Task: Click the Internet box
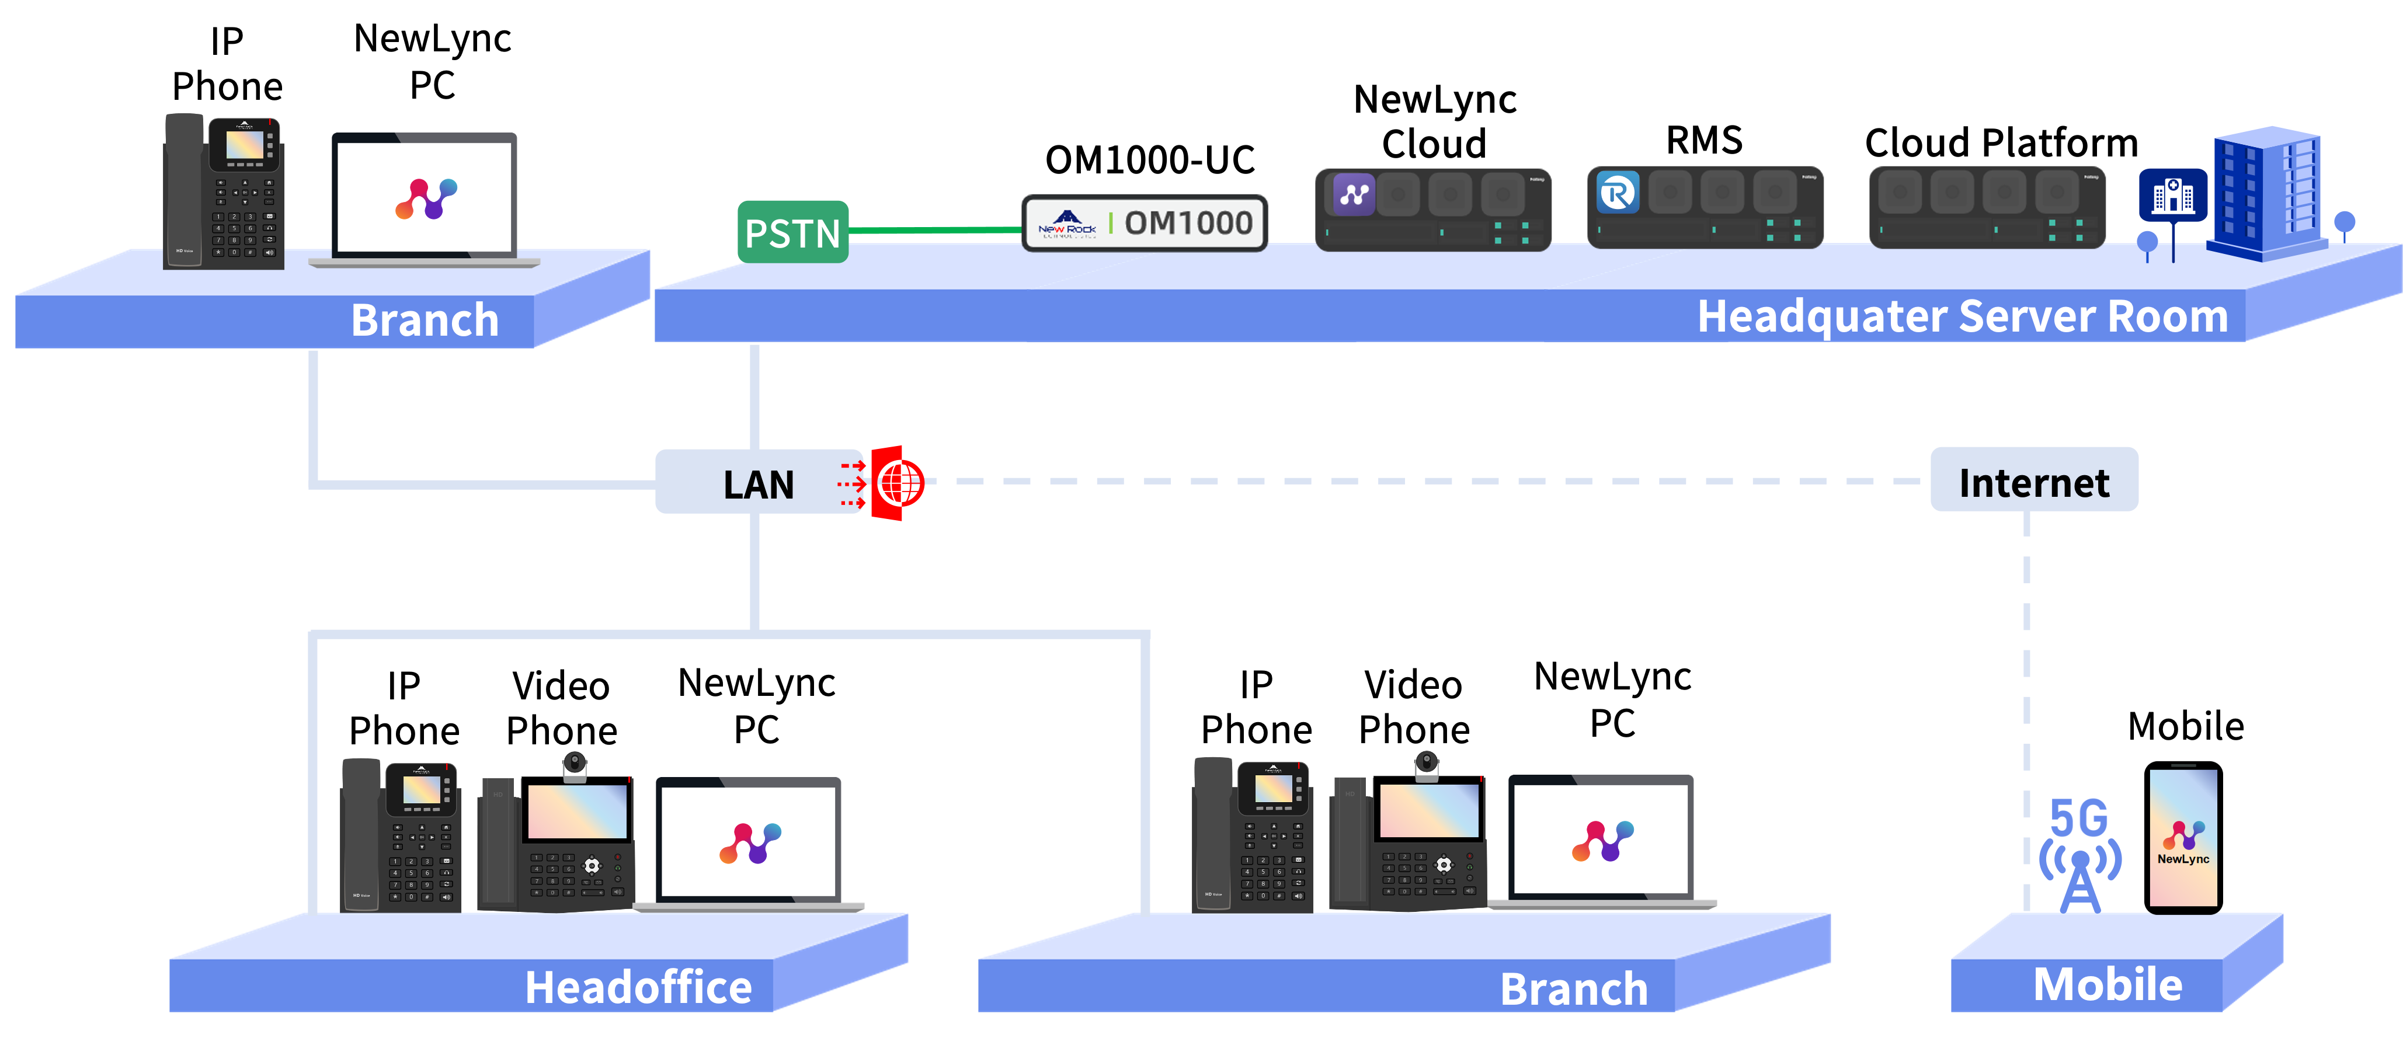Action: (2033, 481)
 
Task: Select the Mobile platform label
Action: (2108, 985)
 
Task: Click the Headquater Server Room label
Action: (1962, 316)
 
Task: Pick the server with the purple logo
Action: (1432, 209)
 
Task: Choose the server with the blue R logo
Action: (1705, 207)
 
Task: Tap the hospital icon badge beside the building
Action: (2172, 195)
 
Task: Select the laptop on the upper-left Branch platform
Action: (425, 198)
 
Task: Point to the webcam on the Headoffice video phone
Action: (575, 765)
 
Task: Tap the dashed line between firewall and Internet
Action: (1399, 481)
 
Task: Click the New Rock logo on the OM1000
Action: (1067, 224)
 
